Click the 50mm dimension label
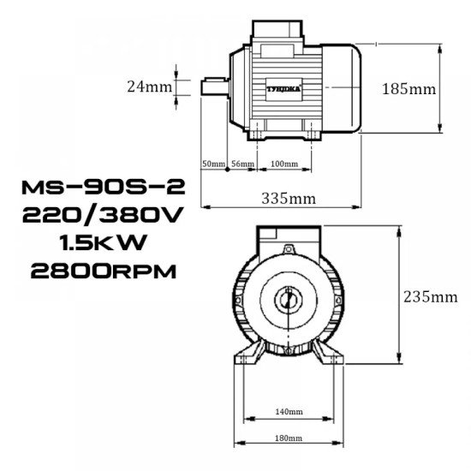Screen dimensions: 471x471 (x=212, y=163)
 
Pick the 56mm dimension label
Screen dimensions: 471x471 (x=242, y=163)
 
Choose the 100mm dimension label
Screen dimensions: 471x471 (x=283, y=163)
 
